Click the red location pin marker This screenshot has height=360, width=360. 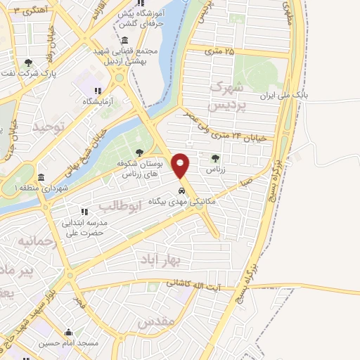pyautogui.click(x=181, y=166)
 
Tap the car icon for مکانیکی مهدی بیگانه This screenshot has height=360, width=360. pyautogui.click(x=181, y=190)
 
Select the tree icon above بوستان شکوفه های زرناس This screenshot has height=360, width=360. pyautogui.click(x=139, y=151)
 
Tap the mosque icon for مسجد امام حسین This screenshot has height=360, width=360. pyautogui.click(x=68, y=333)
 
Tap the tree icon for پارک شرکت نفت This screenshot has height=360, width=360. pyautogui.click(x=28, y=63)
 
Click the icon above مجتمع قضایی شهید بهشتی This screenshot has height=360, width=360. pyautogui.click(x=124, y=39)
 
